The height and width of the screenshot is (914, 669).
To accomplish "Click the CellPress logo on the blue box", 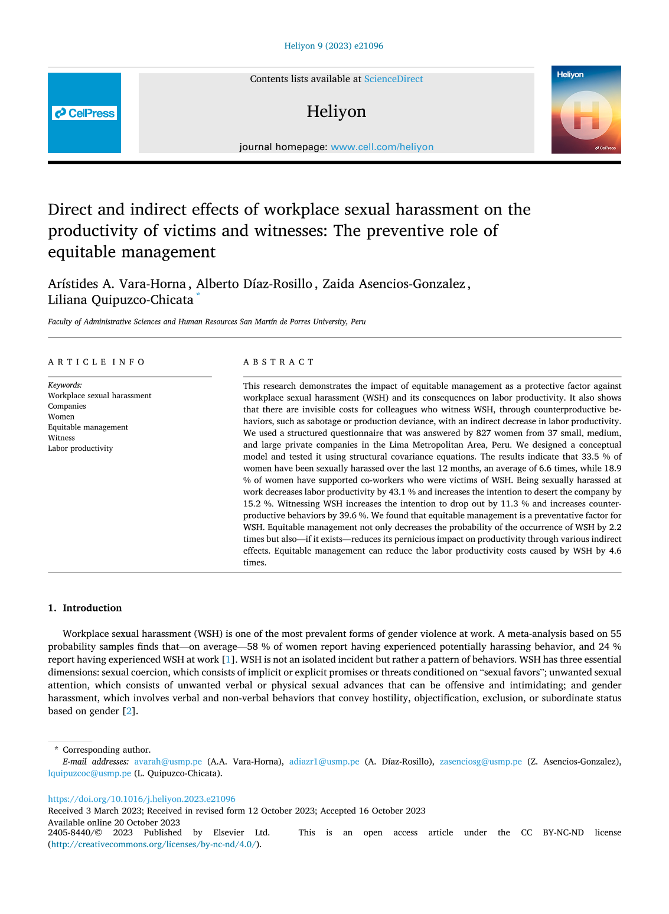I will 84,113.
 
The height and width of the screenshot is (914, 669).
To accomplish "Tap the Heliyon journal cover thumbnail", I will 586,109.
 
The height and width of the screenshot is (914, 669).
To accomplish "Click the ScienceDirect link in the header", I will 393,79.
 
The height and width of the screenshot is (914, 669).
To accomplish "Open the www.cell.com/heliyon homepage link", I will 382,147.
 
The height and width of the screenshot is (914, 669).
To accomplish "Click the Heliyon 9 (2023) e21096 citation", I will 334,46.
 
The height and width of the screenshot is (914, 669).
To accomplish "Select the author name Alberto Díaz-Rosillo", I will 254,284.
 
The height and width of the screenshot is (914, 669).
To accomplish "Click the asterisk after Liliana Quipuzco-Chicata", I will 198,295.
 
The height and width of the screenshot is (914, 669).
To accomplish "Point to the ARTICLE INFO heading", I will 96,362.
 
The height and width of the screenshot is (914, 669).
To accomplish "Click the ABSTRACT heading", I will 279,362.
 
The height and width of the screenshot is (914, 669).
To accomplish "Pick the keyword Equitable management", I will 88,427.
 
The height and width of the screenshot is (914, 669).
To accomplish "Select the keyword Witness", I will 61,438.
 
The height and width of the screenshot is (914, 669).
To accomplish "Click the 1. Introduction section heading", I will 85,608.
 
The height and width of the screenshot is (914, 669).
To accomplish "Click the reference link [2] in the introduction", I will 129,711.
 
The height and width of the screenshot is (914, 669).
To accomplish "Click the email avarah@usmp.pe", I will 168,762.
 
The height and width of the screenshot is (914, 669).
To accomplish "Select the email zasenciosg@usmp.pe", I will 481,762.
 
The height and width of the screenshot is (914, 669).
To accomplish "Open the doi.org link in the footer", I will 142,799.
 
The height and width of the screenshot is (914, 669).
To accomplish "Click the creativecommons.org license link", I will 154,844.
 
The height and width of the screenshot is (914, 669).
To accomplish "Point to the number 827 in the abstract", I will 484,433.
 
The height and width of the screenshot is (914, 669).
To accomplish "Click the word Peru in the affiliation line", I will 358,322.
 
